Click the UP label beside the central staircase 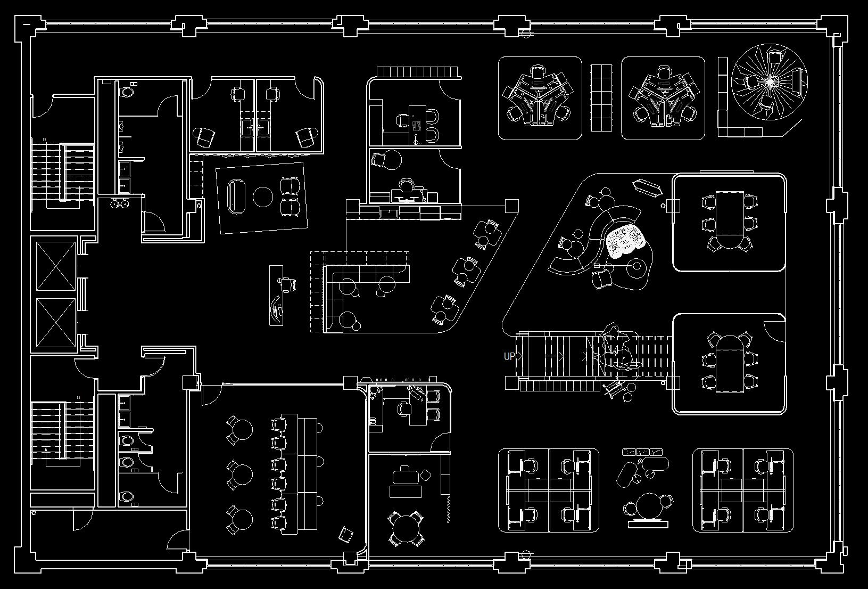pos(509,356)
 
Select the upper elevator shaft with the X pos(56,266)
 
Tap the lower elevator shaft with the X pos(56,322)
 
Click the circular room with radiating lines pos(770,81)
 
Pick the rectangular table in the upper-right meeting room pos(729,213)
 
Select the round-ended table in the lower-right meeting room pos(729,363)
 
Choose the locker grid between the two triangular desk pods pos(601,97)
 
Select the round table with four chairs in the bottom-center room pos(406,528)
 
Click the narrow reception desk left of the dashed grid pos(277,296)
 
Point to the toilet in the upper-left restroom pos(128,91)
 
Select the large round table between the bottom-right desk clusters pos(649,504)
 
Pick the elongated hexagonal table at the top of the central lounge pos(647,187)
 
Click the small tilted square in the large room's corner pos(346,534)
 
